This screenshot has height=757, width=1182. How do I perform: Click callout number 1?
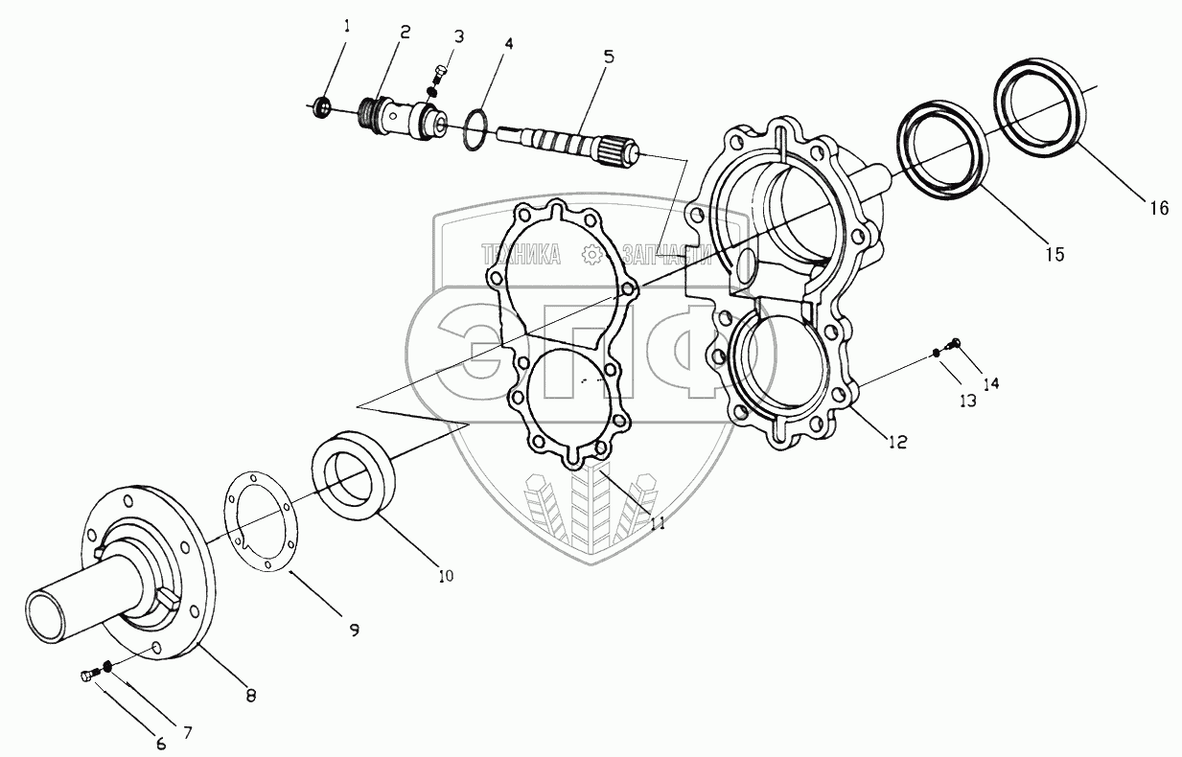coord(346,26)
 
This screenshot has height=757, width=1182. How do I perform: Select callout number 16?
coord(1159,207)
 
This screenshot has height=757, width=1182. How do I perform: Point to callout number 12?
coord(897,442)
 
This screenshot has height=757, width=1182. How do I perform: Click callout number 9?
coord(354,630)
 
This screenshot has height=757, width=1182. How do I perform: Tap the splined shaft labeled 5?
coord(566,147)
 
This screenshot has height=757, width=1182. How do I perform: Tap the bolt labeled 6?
coord(87,677)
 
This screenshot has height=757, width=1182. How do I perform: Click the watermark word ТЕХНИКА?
coord(521,254)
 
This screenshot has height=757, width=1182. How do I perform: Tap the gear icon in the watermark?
coord(591,254)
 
